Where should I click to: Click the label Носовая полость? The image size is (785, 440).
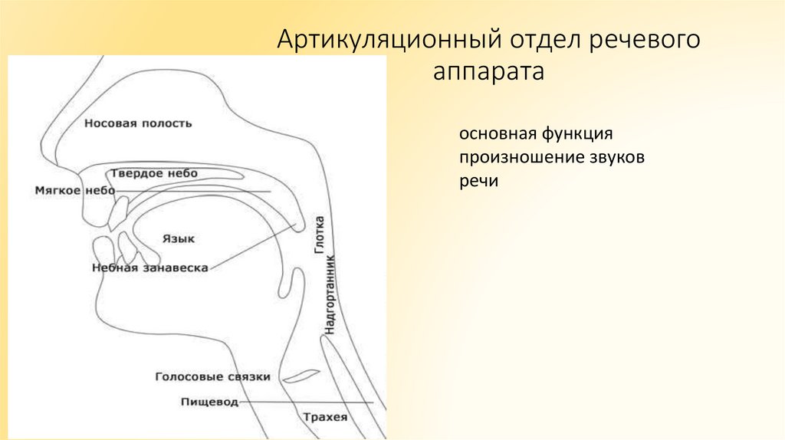[138, 123]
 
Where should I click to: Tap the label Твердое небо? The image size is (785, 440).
[153, 173]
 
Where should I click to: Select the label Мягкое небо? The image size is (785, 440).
[74, 190]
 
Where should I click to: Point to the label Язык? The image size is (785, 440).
[178, 238]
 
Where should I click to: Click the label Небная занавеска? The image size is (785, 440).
[150, 268]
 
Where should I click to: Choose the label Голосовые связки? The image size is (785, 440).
[212, 377]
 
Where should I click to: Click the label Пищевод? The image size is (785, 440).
[209, 402]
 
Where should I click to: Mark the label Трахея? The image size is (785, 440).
[325, 418]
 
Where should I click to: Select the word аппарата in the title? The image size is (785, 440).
[488, 73]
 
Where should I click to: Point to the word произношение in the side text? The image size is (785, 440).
[509, 158]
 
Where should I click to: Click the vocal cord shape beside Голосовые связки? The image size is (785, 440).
[301, 376]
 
